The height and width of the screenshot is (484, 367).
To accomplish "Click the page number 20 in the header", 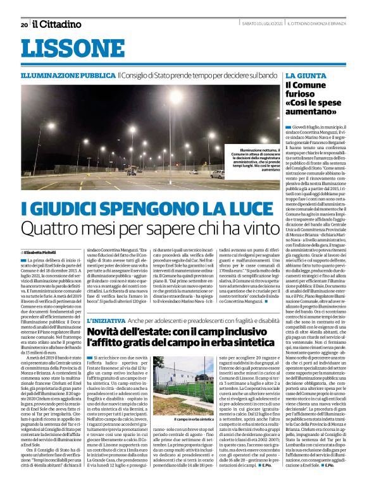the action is tap(24, 25).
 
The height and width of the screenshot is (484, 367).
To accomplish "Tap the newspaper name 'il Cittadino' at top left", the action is tap(58, 24).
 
